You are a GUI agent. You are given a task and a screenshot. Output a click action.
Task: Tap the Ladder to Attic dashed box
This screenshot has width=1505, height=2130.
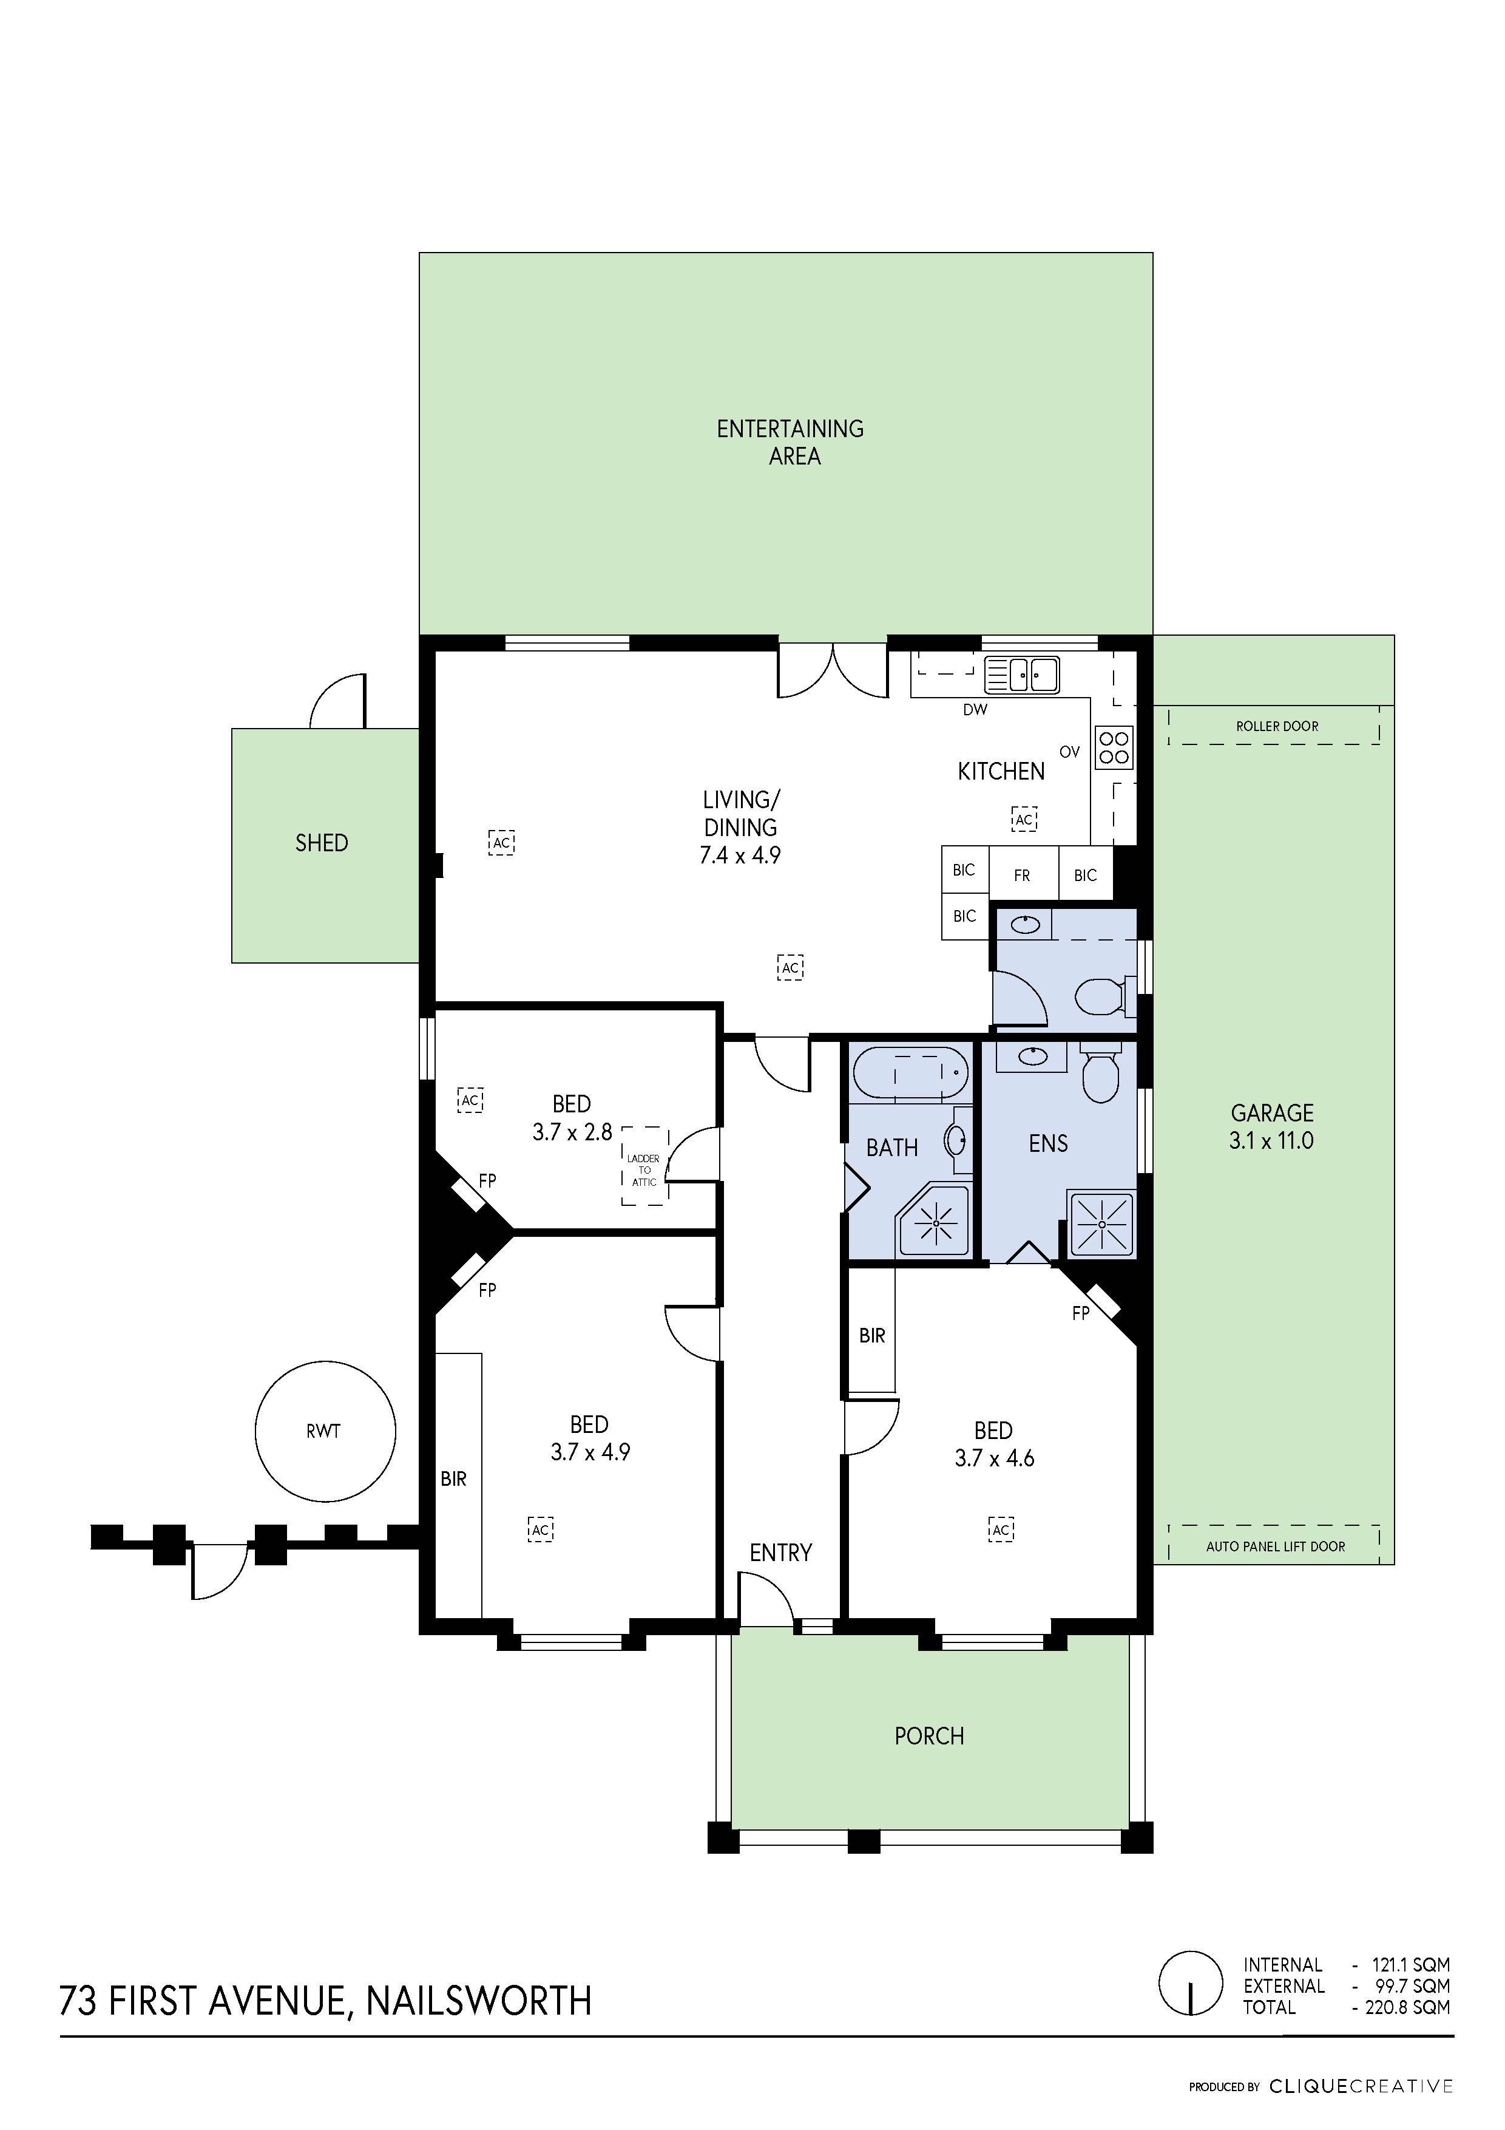[x=644, y=1166]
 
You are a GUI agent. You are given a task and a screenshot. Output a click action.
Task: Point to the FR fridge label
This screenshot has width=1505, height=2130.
[x=1022, y=875]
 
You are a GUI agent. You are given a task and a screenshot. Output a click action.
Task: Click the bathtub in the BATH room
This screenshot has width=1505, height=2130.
[x=908, y=1074]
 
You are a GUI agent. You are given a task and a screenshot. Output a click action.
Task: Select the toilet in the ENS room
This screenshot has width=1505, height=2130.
[x=1101, y=1076]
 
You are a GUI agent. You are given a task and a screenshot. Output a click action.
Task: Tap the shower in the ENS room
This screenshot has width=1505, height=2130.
[x=1101, y=1225]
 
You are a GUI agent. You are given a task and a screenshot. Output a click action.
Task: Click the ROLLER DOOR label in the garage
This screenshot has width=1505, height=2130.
[x=1276, y=726]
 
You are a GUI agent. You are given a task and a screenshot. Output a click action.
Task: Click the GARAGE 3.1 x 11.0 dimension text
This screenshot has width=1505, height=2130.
[x=1271, y=1126]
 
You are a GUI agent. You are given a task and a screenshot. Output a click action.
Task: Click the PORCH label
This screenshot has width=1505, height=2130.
[x=929, y=1736]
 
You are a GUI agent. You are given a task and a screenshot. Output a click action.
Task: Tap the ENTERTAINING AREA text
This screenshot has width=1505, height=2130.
[x=791, y=441]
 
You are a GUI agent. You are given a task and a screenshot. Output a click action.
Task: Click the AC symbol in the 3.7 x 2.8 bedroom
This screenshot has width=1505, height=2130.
[x=470, y=1100]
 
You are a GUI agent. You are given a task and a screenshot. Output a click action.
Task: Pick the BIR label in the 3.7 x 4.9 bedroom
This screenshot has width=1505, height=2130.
[x=453, y=1478]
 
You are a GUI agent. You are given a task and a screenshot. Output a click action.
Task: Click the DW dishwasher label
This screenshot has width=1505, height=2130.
[x=975, y=710]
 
